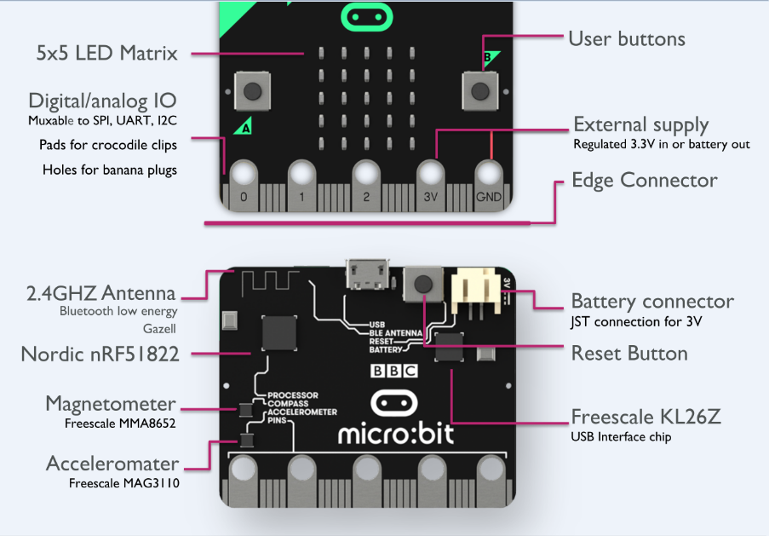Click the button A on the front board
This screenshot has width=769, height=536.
(x=251, y=91)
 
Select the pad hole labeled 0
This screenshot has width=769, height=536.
(x=244, y=176)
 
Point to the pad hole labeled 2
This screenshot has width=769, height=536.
(x=366, y=176)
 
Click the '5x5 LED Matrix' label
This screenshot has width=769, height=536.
(x=107, y=53)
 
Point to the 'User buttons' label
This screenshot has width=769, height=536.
(x=626, y=38)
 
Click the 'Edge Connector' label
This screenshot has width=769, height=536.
(x=644, y=181)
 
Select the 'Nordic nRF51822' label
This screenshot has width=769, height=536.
(x=100, y=353)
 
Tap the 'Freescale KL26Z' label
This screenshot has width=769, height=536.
(x=646, y=417)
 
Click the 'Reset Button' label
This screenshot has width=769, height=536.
(x=628, y=353)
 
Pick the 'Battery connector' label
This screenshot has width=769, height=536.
(x=651, y=301)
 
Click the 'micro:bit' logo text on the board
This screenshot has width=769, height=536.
(x=396, y=434)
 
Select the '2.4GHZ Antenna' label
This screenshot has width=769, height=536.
(x=100, y=293)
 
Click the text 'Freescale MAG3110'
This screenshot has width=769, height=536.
(x=123, y=483)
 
